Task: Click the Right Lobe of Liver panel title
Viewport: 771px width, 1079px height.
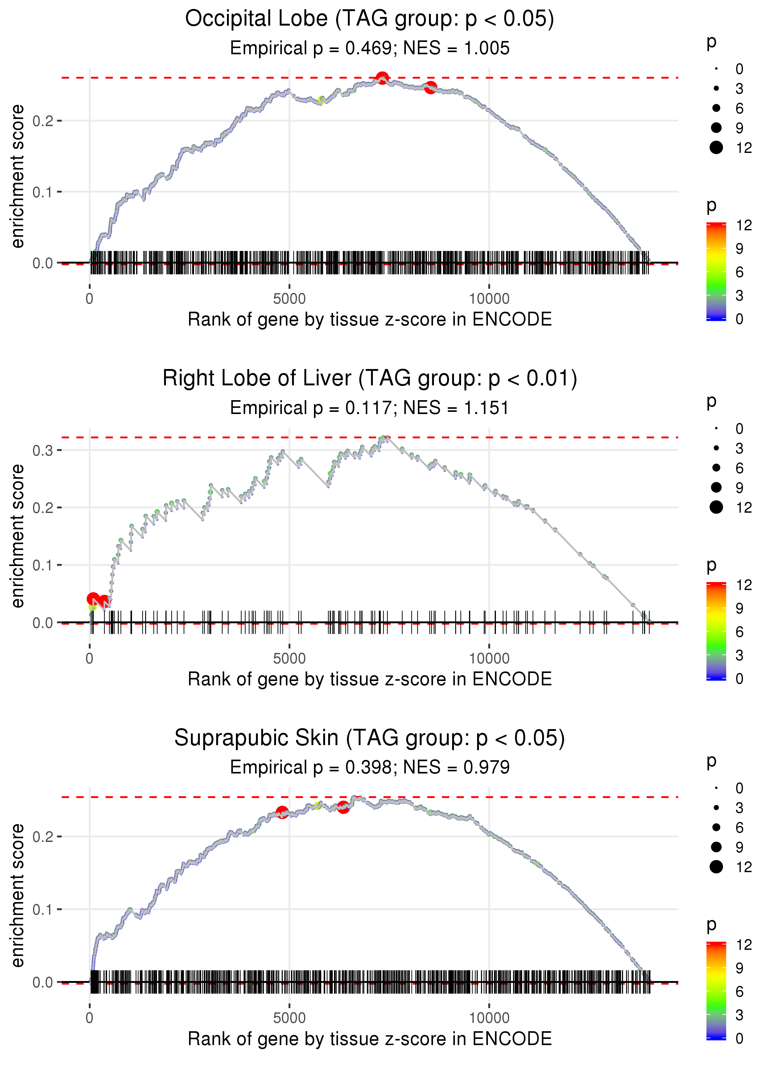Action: coord(369,379)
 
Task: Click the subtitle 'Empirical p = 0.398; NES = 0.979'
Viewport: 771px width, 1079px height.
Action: coord(369,767)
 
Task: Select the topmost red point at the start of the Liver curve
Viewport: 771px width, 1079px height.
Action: coord(93,599)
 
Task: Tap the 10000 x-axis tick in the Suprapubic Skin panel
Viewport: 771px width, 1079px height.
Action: coord(489,1018)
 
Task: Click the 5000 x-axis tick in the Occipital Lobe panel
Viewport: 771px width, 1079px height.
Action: coord(289,299)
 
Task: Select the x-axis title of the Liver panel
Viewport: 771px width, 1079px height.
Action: coord(369,679)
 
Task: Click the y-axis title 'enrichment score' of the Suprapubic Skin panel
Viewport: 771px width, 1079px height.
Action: coord(18,895)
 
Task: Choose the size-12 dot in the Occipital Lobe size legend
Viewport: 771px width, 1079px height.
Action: coord(716,148)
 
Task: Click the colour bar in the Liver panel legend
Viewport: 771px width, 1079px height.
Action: coord(716,631)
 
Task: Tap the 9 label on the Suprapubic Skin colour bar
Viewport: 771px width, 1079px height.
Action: coord(739,968)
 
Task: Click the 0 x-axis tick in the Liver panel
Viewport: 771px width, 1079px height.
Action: coord(90,658)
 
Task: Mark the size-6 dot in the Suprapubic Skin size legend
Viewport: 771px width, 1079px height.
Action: coord(716,827)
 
